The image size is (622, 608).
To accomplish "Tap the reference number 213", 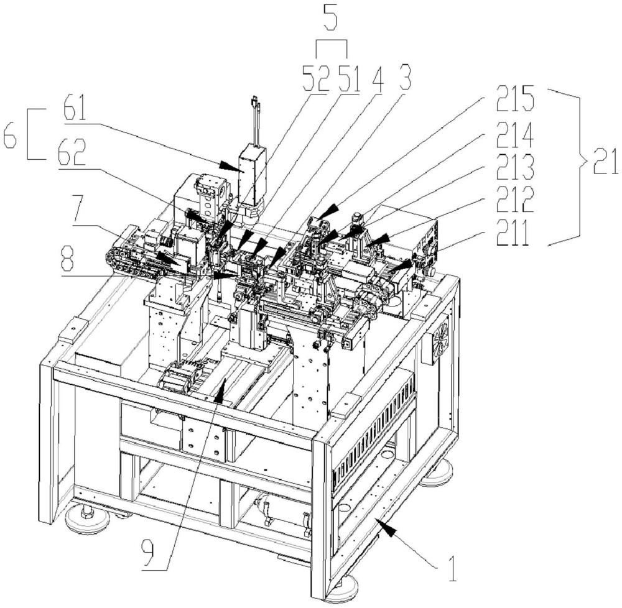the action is point(515,167).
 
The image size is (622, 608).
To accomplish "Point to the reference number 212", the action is point(515,200).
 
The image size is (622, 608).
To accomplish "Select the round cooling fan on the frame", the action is point(441,338).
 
